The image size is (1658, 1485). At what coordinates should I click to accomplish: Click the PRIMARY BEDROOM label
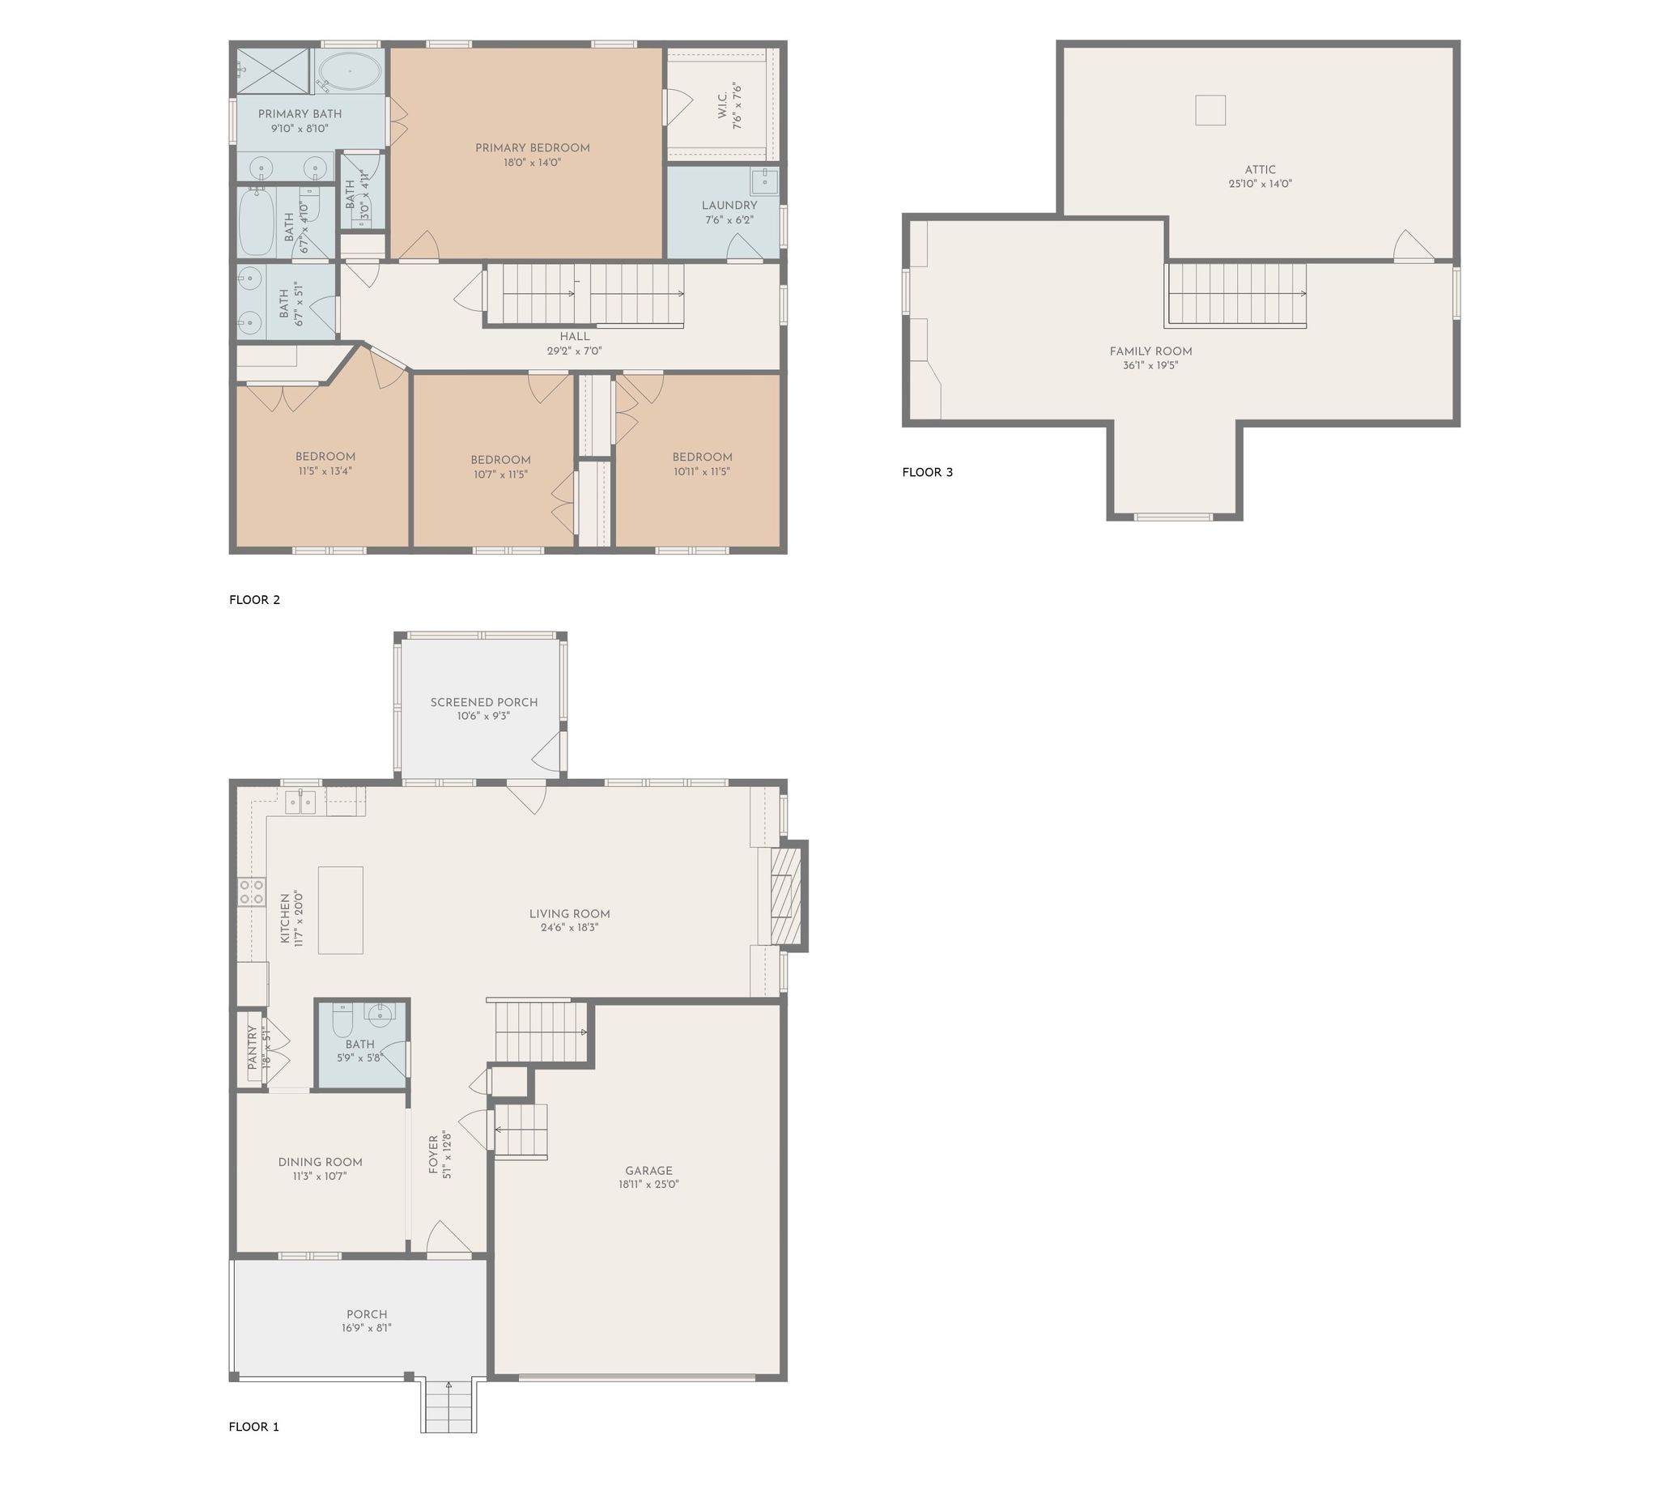[x=532, y=147]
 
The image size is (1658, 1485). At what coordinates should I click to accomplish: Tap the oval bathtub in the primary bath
[x=348, y=72]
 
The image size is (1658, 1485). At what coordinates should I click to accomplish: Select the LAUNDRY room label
[x=729, y=206]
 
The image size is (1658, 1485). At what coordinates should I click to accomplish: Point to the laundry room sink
[x=763, y=181]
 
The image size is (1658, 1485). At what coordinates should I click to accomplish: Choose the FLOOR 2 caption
[x=254, y=600]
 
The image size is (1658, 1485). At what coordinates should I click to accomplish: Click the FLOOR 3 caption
[x=927, y=472]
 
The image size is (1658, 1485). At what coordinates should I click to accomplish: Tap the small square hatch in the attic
[x=1210, y=110]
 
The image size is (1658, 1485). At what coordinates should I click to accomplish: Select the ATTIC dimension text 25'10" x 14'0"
[x=1260, y=185]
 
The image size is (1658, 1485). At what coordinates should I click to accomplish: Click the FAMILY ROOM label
[x=1150, y=351]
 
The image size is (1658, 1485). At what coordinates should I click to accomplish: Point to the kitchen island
[x=340, y=910]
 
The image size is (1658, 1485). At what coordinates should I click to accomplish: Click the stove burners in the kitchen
[x=251, y=891]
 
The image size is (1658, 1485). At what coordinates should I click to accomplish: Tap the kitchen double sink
[x=300, y=803]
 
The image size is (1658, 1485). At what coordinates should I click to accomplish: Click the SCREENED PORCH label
[x=484, y=703]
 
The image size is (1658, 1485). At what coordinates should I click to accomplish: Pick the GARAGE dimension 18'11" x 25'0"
[x=648, y=1184]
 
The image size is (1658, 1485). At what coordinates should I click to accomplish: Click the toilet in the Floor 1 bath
[x=342, y=1023]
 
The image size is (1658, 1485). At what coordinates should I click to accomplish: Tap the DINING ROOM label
[x=320, y=1162]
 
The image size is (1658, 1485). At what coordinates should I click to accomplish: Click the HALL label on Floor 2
[x=575, y=337]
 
